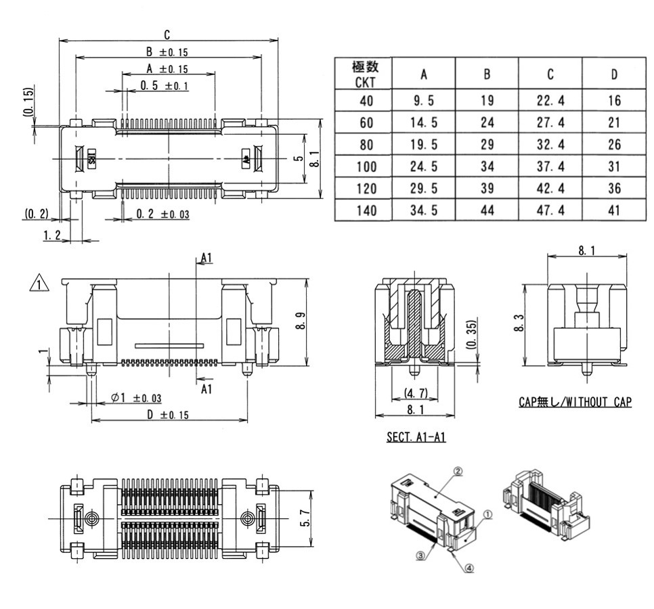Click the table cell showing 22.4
tap(550, 101)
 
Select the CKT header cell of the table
tap(365, 74)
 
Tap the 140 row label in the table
tap(365, 210)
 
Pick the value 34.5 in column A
tap(424, 210)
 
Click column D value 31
tap(613, 166)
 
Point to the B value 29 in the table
tap(487, 145)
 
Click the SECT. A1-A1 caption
tap(416, 438)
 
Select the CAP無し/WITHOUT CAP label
tap(575, 402)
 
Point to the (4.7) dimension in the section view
tap(415, 392)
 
